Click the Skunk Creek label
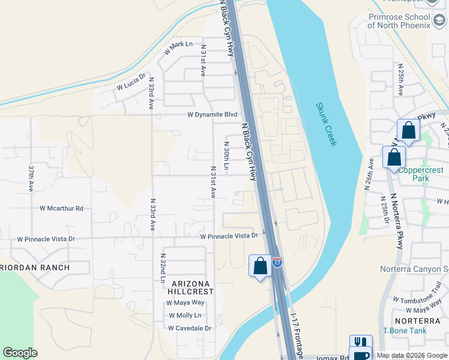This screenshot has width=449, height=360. [327, 124]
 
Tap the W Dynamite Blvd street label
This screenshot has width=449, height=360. [212, 115]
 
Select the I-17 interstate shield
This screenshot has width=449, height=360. [277, 262]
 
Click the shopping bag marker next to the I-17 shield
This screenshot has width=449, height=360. [260, 265]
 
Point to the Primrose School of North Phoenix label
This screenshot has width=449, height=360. [399, 21]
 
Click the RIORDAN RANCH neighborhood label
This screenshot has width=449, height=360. [35, 268]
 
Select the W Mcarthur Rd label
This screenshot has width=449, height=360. [61, 208]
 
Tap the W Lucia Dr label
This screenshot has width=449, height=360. [131, 82]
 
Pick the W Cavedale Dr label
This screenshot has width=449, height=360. [190, 328]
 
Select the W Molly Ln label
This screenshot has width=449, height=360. [185, 316]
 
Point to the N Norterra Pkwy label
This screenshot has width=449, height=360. [397, 222]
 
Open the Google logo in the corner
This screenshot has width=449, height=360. [20, 353]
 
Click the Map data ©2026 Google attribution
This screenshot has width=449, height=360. [411, 355]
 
